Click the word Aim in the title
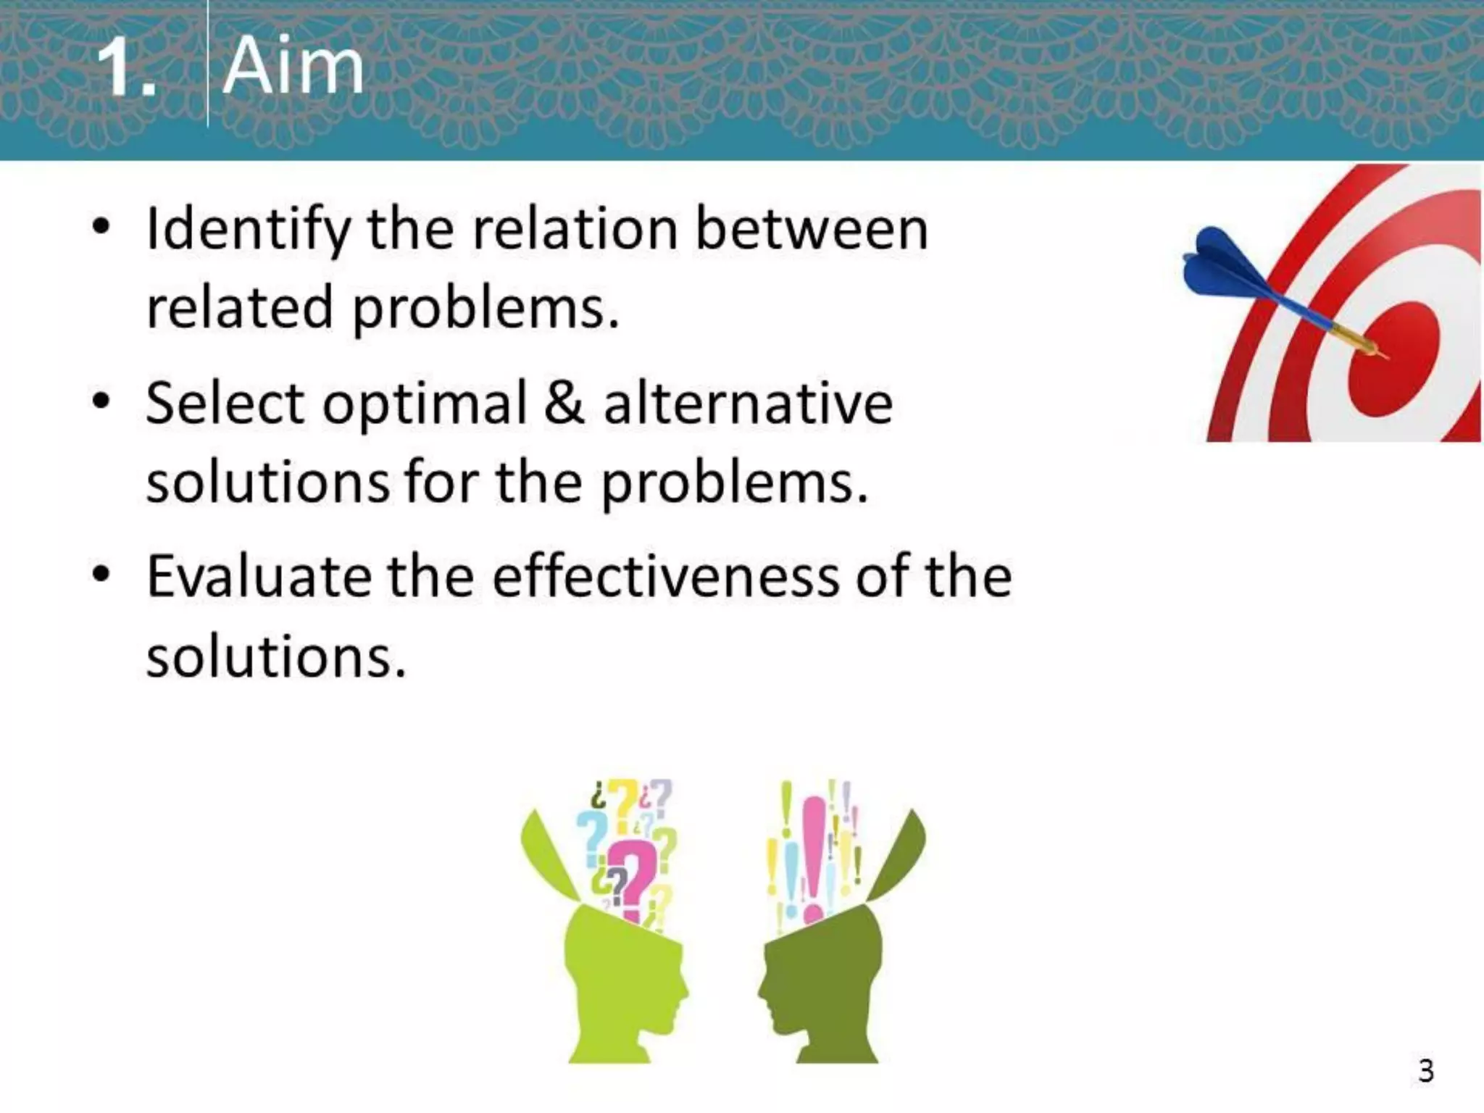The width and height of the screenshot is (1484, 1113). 293,67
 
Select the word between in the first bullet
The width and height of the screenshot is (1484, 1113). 812,229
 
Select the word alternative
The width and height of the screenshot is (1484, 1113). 748,403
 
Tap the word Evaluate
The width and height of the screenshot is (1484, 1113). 258,578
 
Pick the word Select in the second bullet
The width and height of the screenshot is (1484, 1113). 225,403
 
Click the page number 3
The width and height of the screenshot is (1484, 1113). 1425,1070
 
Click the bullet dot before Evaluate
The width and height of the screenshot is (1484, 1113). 101,575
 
